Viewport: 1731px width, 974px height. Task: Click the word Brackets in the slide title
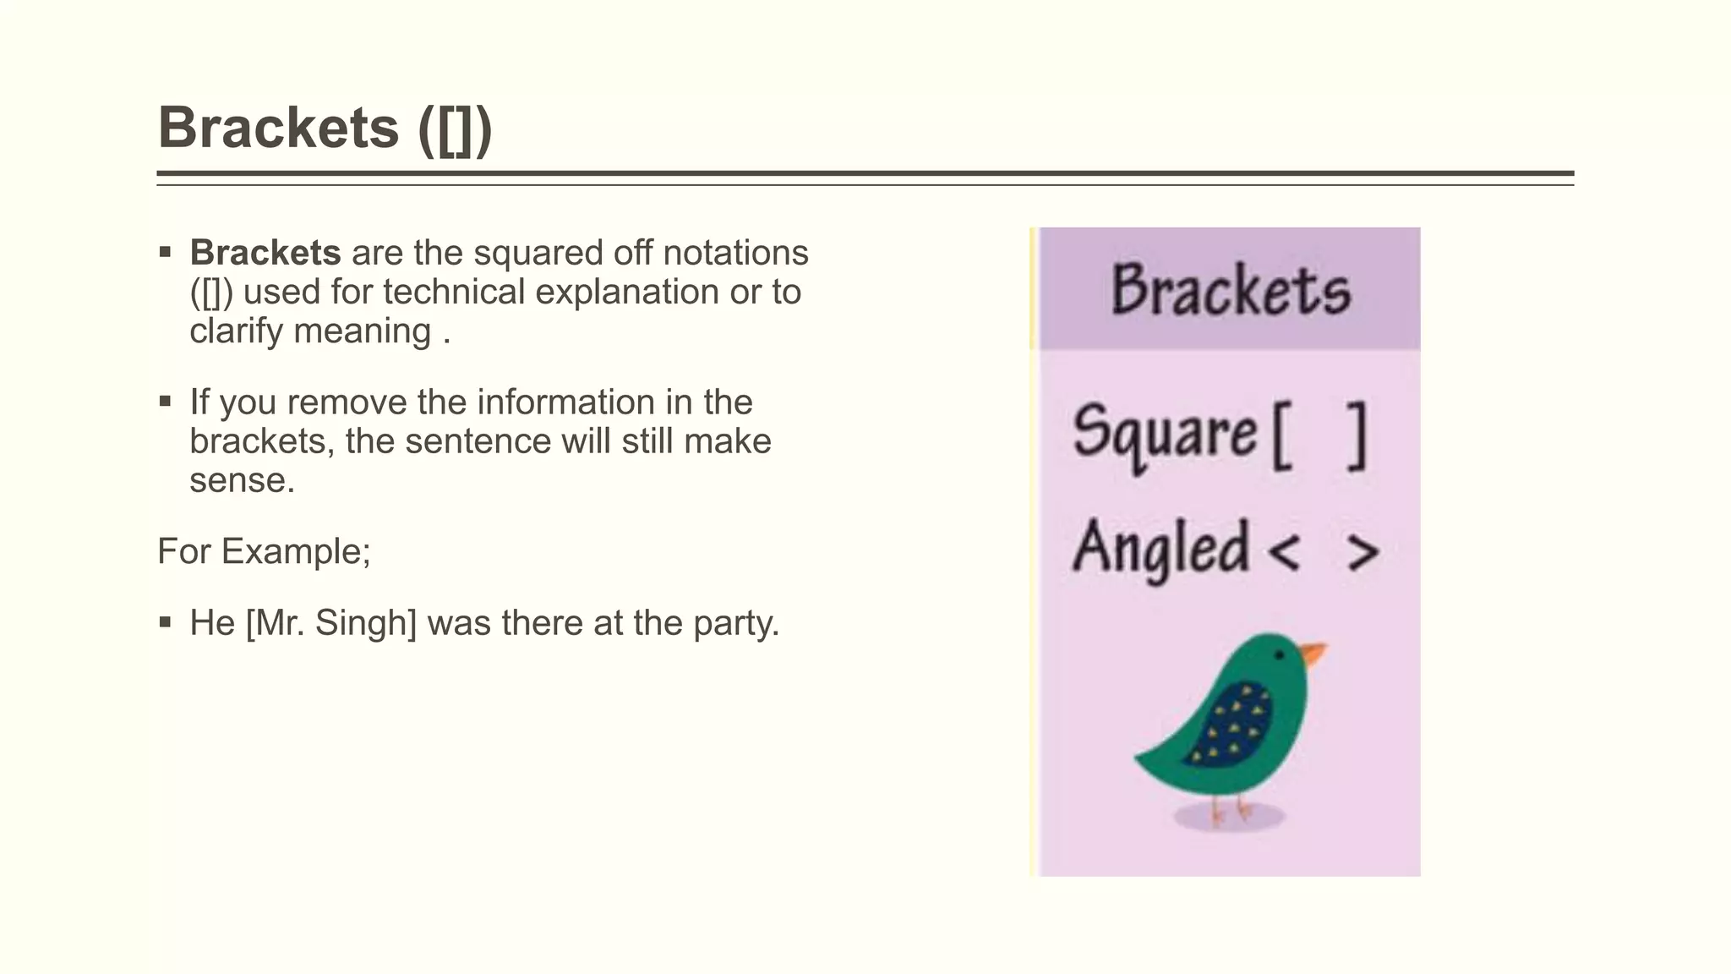coord(278,128)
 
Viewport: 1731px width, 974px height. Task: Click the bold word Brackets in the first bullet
coord(265,253)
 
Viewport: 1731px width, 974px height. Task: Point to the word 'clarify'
coord(236,331)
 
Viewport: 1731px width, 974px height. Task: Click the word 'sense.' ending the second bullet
coord(242,480)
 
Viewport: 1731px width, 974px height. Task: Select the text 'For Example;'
coord(264,551)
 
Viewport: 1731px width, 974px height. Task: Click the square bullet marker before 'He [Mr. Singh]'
coord(165,623)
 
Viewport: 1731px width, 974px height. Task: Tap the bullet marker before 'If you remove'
coord(165,402)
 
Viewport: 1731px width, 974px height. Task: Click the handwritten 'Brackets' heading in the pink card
coord(1231,290)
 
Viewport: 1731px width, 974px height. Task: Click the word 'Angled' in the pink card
coord(1160,549)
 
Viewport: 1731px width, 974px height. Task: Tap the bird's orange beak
coord(1313,654)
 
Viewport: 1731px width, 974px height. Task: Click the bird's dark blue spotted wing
coord(1231,723)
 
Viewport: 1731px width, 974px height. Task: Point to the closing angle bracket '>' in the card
coord(1362,552)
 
